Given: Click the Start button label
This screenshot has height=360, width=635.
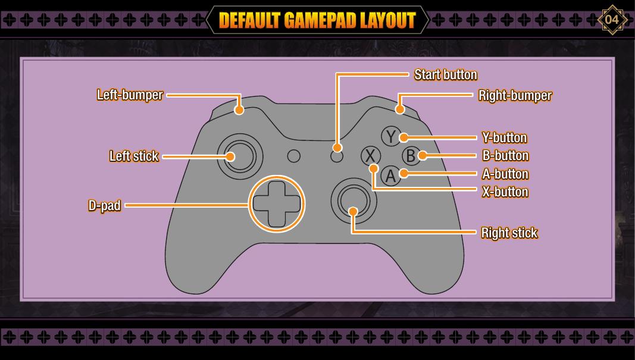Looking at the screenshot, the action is (445, 74).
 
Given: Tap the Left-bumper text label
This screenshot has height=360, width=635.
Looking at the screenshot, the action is (130, 95).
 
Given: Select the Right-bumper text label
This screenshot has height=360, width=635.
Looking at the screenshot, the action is (515, 95).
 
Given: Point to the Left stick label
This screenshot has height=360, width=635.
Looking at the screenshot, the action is (134, 156).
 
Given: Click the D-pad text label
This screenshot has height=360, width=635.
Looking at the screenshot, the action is (105, 206).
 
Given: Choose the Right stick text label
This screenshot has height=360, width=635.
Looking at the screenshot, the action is (509, 233).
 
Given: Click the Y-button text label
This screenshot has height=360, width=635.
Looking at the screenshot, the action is (504, 138).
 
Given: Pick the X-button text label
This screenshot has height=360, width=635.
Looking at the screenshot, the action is (505, 192).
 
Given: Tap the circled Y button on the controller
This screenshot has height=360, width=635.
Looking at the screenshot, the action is (390, 137).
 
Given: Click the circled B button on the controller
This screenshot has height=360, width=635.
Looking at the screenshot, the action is (410, 156).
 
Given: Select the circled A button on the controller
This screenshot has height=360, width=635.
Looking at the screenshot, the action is (390, 176).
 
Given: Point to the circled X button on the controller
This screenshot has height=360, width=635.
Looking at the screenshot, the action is (371, 156).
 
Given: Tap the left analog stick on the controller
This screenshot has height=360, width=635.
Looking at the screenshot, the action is (239, 156).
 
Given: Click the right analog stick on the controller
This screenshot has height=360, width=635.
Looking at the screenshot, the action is (354, 203).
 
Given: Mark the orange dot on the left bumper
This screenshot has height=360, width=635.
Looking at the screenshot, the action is (239, 109).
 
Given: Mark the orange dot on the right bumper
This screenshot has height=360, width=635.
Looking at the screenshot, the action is (401, 109).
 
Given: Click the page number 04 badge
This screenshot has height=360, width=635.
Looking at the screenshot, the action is (612, 20).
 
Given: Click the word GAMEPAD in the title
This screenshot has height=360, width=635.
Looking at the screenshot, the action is (321, 20).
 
